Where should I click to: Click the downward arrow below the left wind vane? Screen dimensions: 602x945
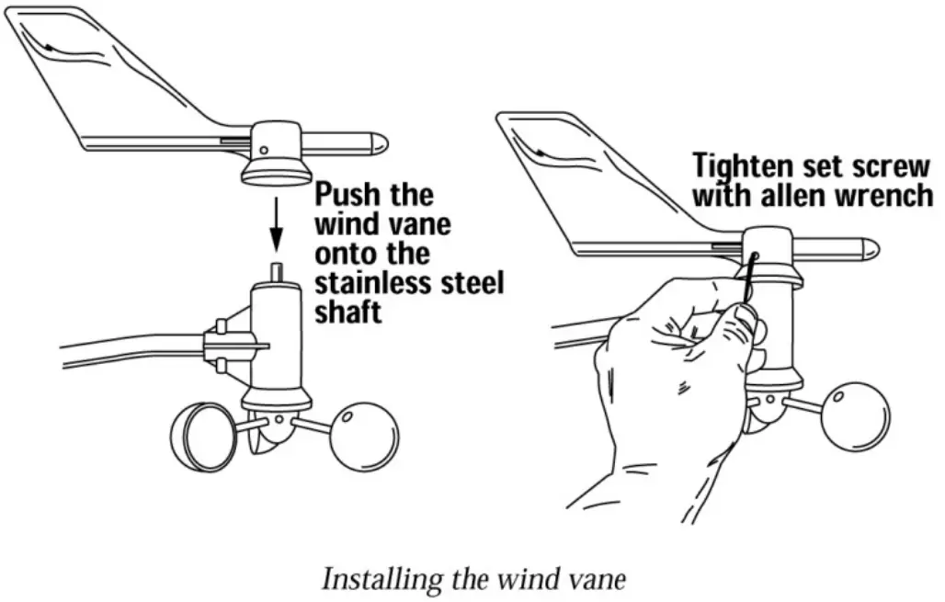click(x=275, y=228)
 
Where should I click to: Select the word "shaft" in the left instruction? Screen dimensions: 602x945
click(x=347, y=312)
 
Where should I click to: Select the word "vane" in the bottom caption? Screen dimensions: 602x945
click(x=602, y=581)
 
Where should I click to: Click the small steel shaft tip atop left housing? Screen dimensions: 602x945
click(x=275, y=271)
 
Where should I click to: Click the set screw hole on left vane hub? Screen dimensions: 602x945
click(x=263, y=149)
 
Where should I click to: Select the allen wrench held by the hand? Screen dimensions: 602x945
click(x=746, y=279)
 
